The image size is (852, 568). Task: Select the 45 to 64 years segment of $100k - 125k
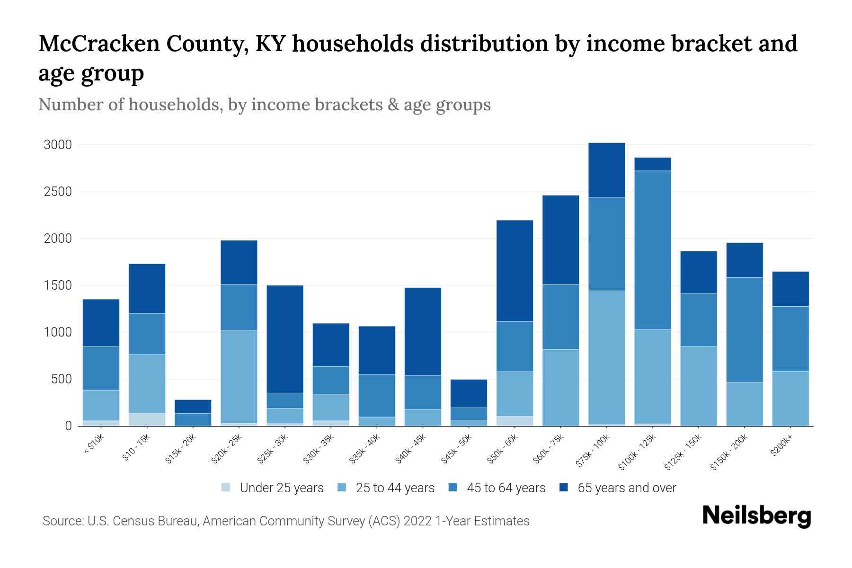pyautogui.click(x=652, y=250)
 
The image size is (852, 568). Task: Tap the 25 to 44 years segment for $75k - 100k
pyautogui.click(x=606, y=357)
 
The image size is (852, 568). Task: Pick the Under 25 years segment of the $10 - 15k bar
pyautogui.click(x=147, y=419)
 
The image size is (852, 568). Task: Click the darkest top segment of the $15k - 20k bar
pyautogui.click(x=193, y=407)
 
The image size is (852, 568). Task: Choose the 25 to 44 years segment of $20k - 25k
pyautogui.click(x=239, y=377)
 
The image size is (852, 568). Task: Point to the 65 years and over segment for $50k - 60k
pyautogui.click(x=515, y=271)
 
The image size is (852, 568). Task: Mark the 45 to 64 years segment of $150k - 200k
pyautogui.click(x=744, y=329)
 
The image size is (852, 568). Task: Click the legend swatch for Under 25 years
pyautogui.click(x=226, y=488)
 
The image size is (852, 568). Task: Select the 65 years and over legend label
pyautogui.click(x=627, y=488)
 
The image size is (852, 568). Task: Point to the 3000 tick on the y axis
pyautogui.click(x=58, y=145)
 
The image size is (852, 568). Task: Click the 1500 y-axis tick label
pyautogui.click(x=58, y=285)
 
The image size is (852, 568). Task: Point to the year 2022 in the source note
pyautogui.click(x=418, y=521)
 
